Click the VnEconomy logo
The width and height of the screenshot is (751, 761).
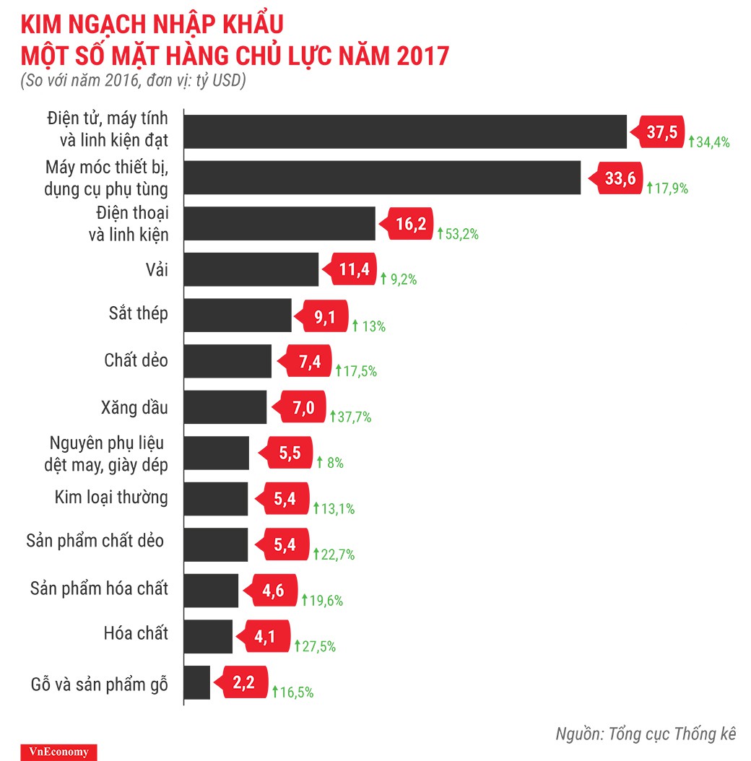coord(59,752)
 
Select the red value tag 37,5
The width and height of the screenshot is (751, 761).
coord(659,133)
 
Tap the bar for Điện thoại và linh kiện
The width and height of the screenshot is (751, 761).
coord(280,224)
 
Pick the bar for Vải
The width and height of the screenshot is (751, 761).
coord(251,269)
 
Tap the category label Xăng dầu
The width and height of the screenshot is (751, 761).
coord(134,407)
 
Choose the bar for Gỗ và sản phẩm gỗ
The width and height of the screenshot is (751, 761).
coord(197,682)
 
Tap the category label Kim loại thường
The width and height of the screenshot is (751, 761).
coord(111,497)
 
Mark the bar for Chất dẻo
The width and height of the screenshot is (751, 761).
coord(228,361)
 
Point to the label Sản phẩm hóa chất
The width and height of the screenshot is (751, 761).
coord(99,588)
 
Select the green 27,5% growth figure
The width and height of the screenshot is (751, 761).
coord(315,647)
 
